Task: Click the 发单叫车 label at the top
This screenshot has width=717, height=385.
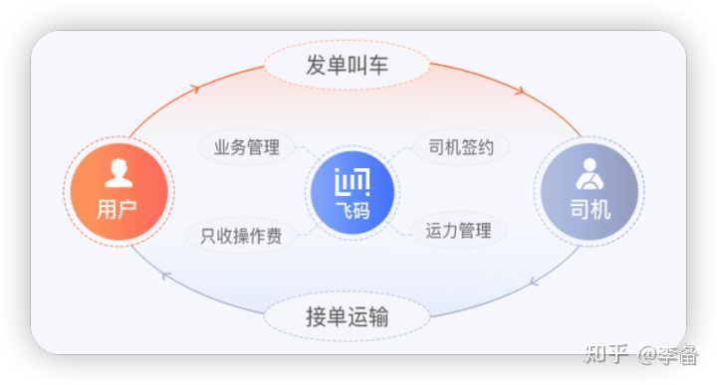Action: (347, 67)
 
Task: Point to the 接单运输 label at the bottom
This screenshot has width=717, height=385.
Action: (347, 318)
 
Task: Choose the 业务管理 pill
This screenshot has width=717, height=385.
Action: (246, 148)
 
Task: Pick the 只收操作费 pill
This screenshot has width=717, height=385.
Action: (241, 236)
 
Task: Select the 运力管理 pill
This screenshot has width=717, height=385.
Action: (458, 231)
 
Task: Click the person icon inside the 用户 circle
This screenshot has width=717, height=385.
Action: (119, 173)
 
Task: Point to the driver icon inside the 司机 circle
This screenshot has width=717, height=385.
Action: (590, 173)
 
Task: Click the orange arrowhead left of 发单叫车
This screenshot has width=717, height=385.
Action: (195, 89)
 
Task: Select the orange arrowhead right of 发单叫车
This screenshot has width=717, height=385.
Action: (519, 91)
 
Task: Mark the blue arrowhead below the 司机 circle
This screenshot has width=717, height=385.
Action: (535, 282)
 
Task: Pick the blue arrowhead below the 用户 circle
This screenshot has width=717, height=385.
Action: (166, 275)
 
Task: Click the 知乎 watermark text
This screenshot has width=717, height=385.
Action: (606, 354)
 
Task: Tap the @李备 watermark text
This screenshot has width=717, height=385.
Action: (668, 354)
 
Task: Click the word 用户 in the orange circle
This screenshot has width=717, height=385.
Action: (118, 210)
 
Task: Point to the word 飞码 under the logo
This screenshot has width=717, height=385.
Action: (353, 210)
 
